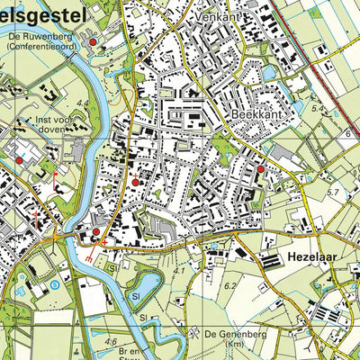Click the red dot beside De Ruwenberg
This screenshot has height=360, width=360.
pyautogui.click(x=92, y=41)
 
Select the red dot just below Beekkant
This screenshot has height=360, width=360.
pyautogui.click(x=261, y=168)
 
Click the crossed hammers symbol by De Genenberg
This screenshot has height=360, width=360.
pyautogui.click(x=193, y=333)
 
